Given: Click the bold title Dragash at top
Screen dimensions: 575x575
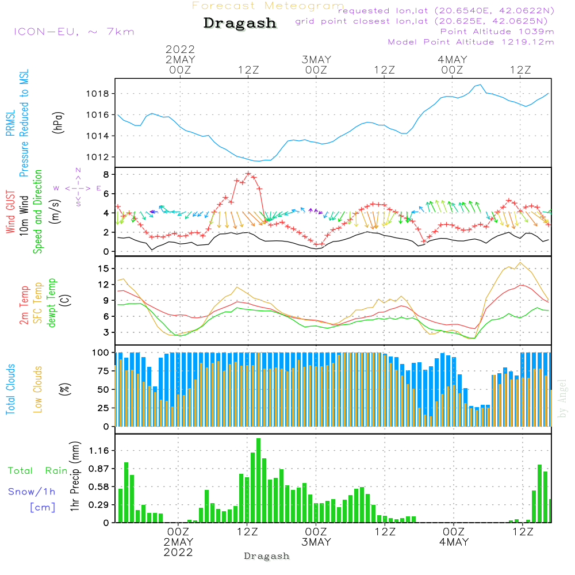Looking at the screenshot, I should coord(240,24).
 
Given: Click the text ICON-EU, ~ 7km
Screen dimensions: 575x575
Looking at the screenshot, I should coord(74,32).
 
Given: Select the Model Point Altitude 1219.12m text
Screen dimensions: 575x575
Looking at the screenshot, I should coord(471,42).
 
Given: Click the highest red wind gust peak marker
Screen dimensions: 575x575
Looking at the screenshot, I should coord(248,174).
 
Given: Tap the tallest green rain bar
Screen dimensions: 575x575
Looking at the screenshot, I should coord(259,480).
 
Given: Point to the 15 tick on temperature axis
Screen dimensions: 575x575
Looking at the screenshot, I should coord(103,269).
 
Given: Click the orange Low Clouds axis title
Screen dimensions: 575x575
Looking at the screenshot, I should coord(38,389).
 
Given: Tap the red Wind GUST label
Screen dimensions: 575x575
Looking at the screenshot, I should coord(11,213).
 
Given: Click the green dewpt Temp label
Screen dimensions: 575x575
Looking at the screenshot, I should coord(52,303).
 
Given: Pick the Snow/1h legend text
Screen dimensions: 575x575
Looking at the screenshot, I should coord(32,492).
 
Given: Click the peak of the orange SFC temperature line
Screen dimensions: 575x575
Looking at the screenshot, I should coord(520,262).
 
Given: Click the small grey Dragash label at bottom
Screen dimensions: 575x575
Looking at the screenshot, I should coord(267,556).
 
